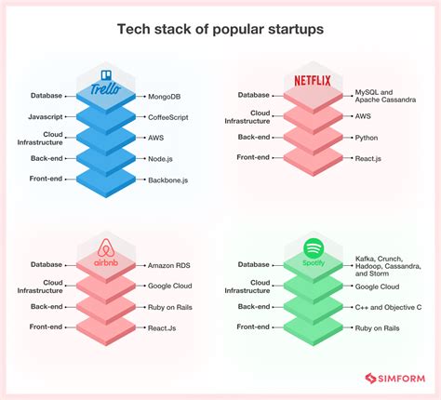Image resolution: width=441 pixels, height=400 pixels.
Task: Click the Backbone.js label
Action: coord(174,179)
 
